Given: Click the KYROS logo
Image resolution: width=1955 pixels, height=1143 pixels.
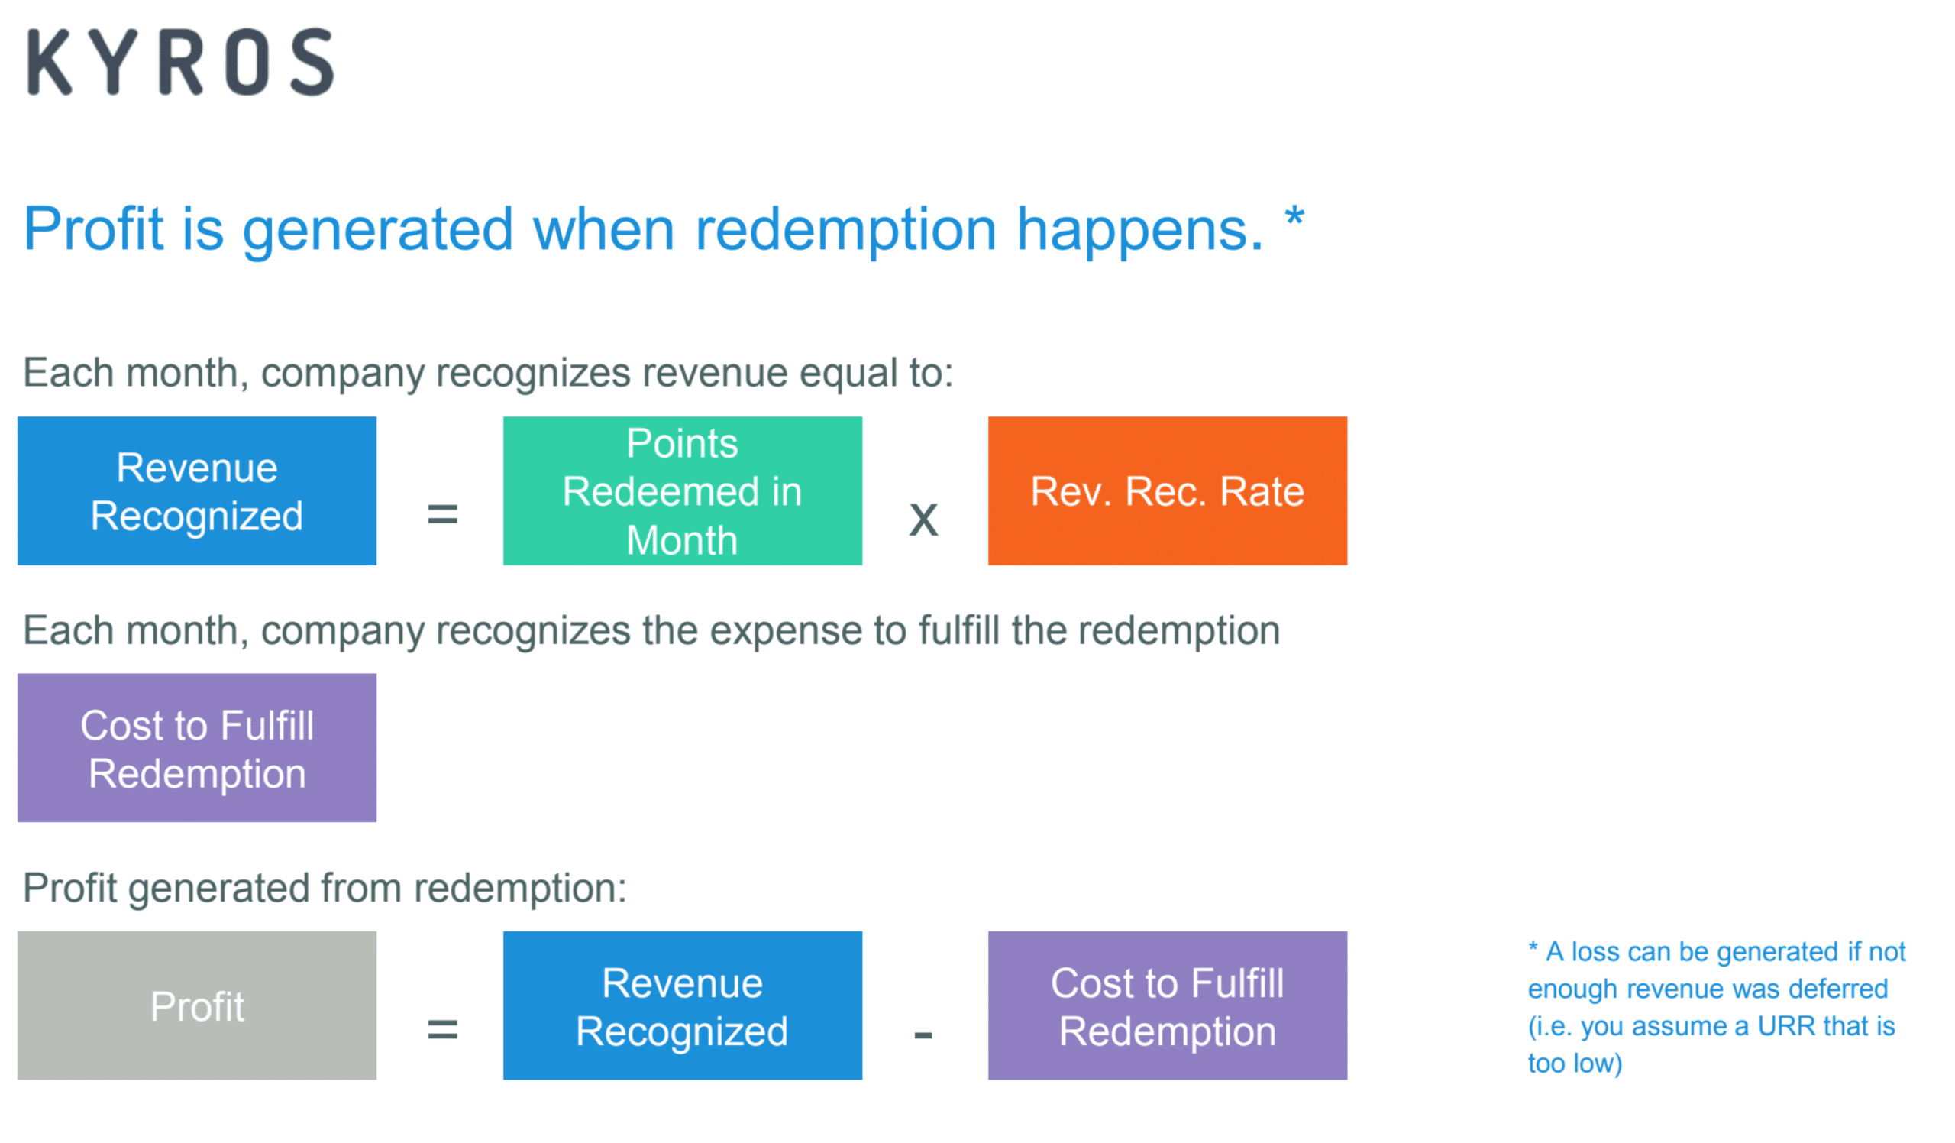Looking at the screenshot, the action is [181, 62].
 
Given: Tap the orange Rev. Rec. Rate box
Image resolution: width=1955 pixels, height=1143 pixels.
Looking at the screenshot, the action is [1167, 491].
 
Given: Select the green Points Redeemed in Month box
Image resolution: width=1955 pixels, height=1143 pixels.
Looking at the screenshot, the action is [682, 491].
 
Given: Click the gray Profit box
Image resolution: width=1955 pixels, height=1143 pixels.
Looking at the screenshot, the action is [197, 1005].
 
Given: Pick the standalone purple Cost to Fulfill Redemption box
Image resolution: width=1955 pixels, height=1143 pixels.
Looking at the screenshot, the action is [197, 747].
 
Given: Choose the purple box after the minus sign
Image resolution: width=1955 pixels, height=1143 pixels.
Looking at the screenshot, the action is [1167, 1005].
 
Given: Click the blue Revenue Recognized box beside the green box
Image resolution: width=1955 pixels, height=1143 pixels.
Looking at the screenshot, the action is [197, 491].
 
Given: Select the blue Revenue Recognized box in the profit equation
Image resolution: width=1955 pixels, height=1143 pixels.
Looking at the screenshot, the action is [682, 1005].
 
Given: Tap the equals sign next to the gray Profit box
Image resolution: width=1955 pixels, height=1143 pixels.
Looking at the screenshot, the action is [442, 1030].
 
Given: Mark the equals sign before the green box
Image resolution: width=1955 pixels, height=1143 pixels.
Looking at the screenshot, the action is [442, 513].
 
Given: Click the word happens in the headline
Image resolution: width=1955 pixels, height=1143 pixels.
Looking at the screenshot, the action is [1139, 231].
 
